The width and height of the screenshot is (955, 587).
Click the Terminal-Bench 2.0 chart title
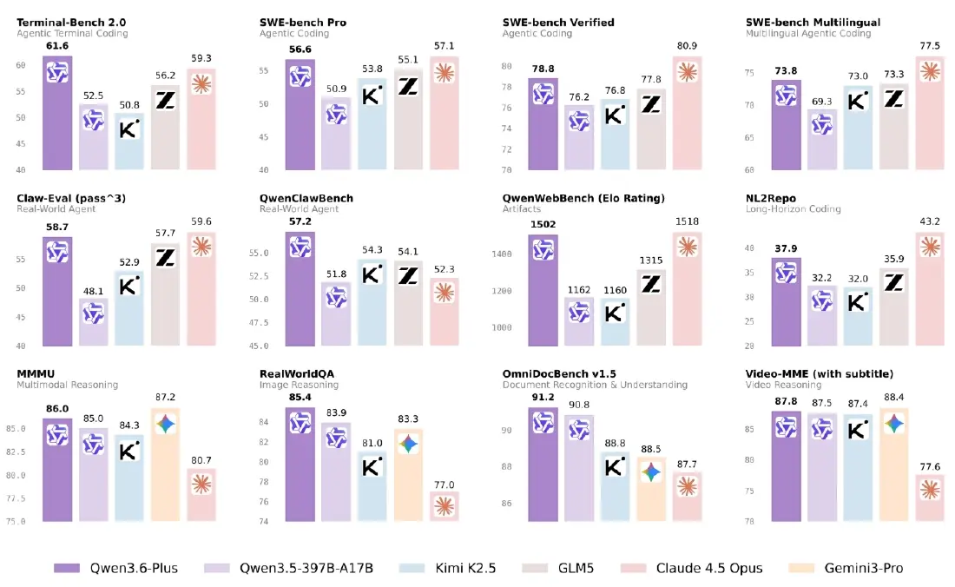click(x=73, y=22)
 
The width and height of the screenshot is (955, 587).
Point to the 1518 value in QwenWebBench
click(x=687, y=221)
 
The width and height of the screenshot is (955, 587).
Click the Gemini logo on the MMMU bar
click(x=166, y=424)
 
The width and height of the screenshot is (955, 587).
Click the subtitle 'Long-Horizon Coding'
click(x=791, y=209)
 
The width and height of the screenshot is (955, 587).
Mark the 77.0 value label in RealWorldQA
click(x=445, y=485)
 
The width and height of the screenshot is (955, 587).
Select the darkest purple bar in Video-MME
click(x=786, y=465)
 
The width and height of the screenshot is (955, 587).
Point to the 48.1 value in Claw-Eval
click(x=94, y=292)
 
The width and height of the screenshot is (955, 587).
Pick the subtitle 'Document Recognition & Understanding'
click(x=595, y=385)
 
